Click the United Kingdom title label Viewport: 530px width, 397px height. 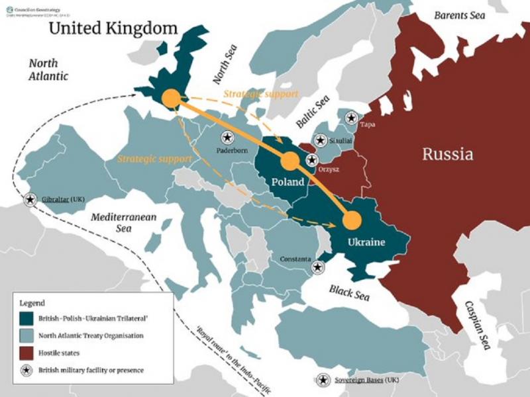coord(115,28)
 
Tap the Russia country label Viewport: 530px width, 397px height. coord(448,155)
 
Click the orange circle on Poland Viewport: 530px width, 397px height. coord(289,161)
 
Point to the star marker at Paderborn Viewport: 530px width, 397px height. coord(227,136)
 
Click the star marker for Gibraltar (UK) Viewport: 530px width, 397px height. coord(30,199)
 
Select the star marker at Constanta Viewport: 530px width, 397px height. coord(318,267)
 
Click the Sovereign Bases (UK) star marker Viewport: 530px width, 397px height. coord(323,380)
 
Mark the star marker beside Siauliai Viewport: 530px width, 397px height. coord(321,140)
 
